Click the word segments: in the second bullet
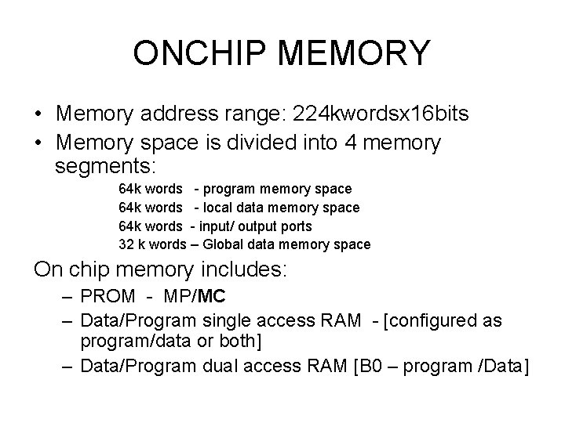point(107,167)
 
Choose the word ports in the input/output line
point(295,226)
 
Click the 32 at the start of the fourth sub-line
point(126,244)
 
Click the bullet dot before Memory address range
point(39,115)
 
